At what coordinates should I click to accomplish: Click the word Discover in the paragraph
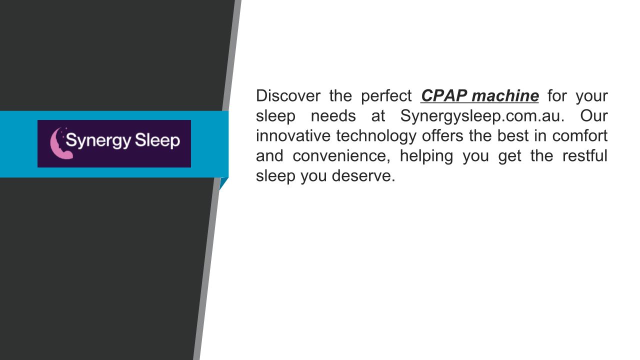pos(288,95)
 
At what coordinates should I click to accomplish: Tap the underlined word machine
pos(505,95)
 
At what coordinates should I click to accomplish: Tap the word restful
pos(585,155)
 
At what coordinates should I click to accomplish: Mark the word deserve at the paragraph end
pos(363,175)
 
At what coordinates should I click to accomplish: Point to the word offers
pos(442,135)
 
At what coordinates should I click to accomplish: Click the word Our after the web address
pos(593,115)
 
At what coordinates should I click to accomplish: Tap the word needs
pos(333,115)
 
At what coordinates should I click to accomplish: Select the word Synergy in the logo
pos(98,141)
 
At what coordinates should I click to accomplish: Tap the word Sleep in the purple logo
pos(157,141)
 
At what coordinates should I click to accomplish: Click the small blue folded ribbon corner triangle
pos(223,182)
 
